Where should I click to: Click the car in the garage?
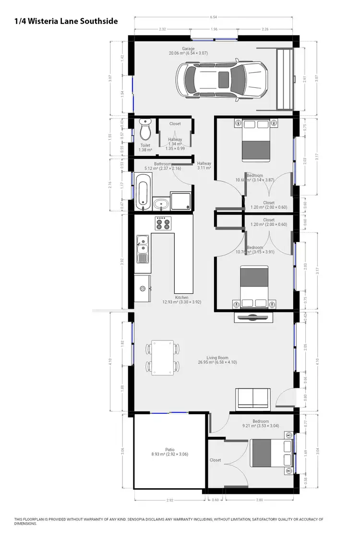[221, 80]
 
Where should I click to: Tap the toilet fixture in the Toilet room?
[145, 130]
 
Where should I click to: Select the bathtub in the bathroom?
[143, 192]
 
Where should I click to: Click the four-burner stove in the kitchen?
[163, 224]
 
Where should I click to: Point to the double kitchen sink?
[142, 249]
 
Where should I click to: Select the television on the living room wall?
[253, 317]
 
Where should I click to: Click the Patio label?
[170, 450]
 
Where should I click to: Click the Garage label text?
[188, 48]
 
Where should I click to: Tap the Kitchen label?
[181, 298]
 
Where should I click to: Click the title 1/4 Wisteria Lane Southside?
[66, 21]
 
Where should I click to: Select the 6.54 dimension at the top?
[214, 17]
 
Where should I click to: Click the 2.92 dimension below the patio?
[169, 500]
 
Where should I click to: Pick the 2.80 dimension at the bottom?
[259, 500]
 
